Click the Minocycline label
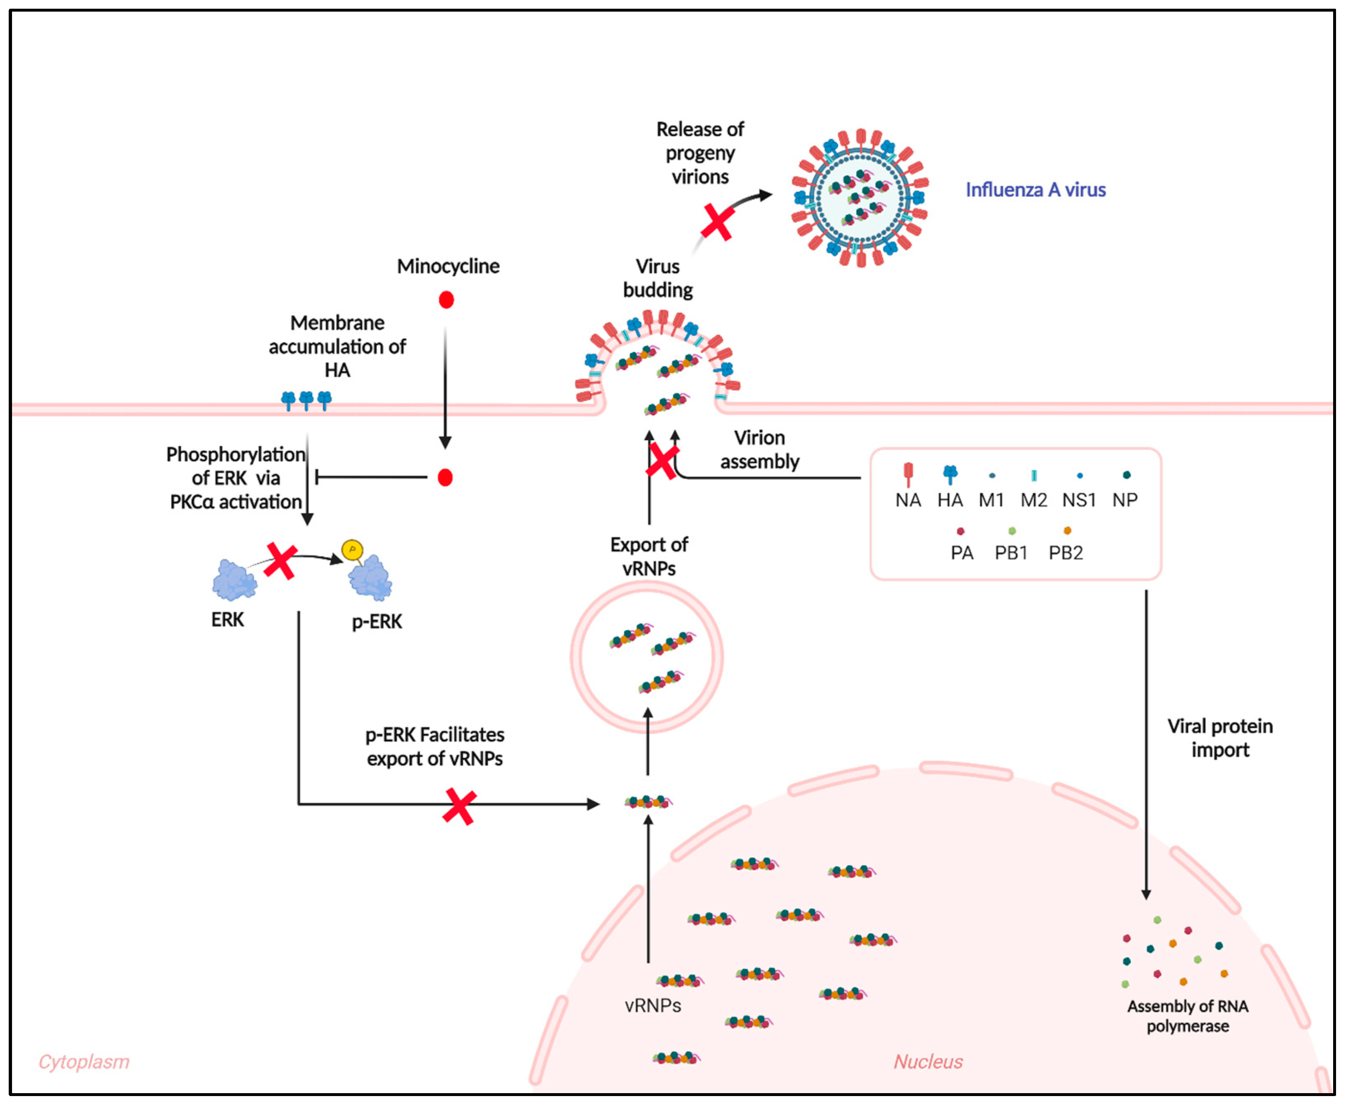(x=448, y=266)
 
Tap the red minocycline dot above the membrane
(x=446, y=299)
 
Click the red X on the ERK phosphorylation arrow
(x=280, y=561)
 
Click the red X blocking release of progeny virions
(x=718, y=222)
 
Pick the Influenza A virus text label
(x=1035, y=190)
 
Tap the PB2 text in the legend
(x=1066, y=552)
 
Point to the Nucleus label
(x=927, y=1061)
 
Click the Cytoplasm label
(x=84, y=1061)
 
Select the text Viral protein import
(x=1220, y=738)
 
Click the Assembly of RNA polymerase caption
(x=1187, y=1016)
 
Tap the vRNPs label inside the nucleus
(x=652, y=1005)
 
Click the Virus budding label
(x=658, y=278)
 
